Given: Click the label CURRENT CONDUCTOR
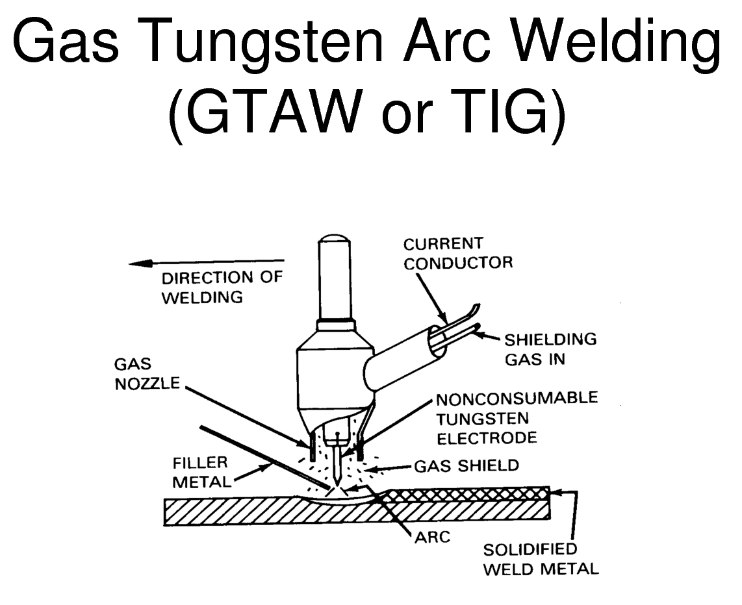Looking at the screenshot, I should pyautogui.click(x=457, y=253).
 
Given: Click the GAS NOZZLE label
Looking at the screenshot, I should pyautogui.click(x=147, y=374).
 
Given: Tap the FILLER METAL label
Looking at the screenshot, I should pyautogui.click(x=199, y=471).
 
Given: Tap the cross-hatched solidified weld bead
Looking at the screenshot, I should pyautogui.click(x=468, y=493).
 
